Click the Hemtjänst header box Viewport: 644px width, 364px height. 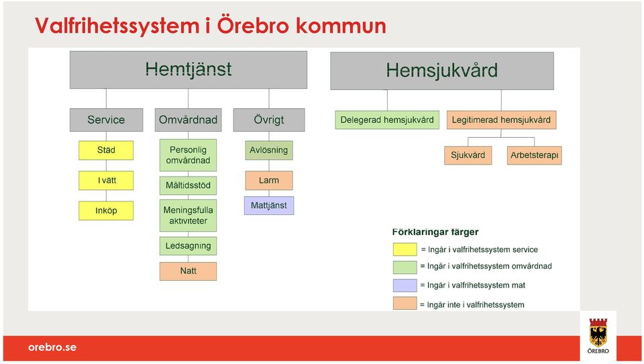click(189, 70)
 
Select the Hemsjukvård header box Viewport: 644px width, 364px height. click(442, 71)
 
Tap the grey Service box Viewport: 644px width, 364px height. click(107, 120)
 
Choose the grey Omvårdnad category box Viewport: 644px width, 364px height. click(188, 120)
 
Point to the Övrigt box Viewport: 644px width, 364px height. click(269, 120)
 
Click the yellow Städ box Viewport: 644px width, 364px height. click(106, 150)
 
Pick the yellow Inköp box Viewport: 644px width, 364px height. click(106, 211)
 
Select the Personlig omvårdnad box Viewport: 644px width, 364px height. click(188, 155)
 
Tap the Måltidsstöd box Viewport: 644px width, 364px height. click(188, 185)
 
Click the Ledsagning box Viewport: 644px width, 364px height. click(188, 246)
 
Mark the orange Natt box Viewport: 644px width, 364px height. click(188, 271)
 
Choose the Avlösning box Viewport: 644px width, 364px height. click(269, 150)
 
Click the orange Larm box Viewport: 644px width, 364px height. click(269, 181)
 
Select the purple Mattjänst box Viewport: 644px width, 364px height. click(269, 206)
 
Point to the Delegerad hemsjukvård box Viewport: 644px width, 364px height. click(387, 120)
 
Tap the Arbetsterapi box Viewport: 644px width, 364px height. click(535, 155)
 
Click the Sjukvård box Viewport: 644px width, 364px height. click(468, 155)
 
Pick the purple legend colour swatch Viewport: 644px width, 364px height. click(405, 285)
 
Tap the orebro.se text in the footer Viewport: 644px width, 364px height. click(52, 347)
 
